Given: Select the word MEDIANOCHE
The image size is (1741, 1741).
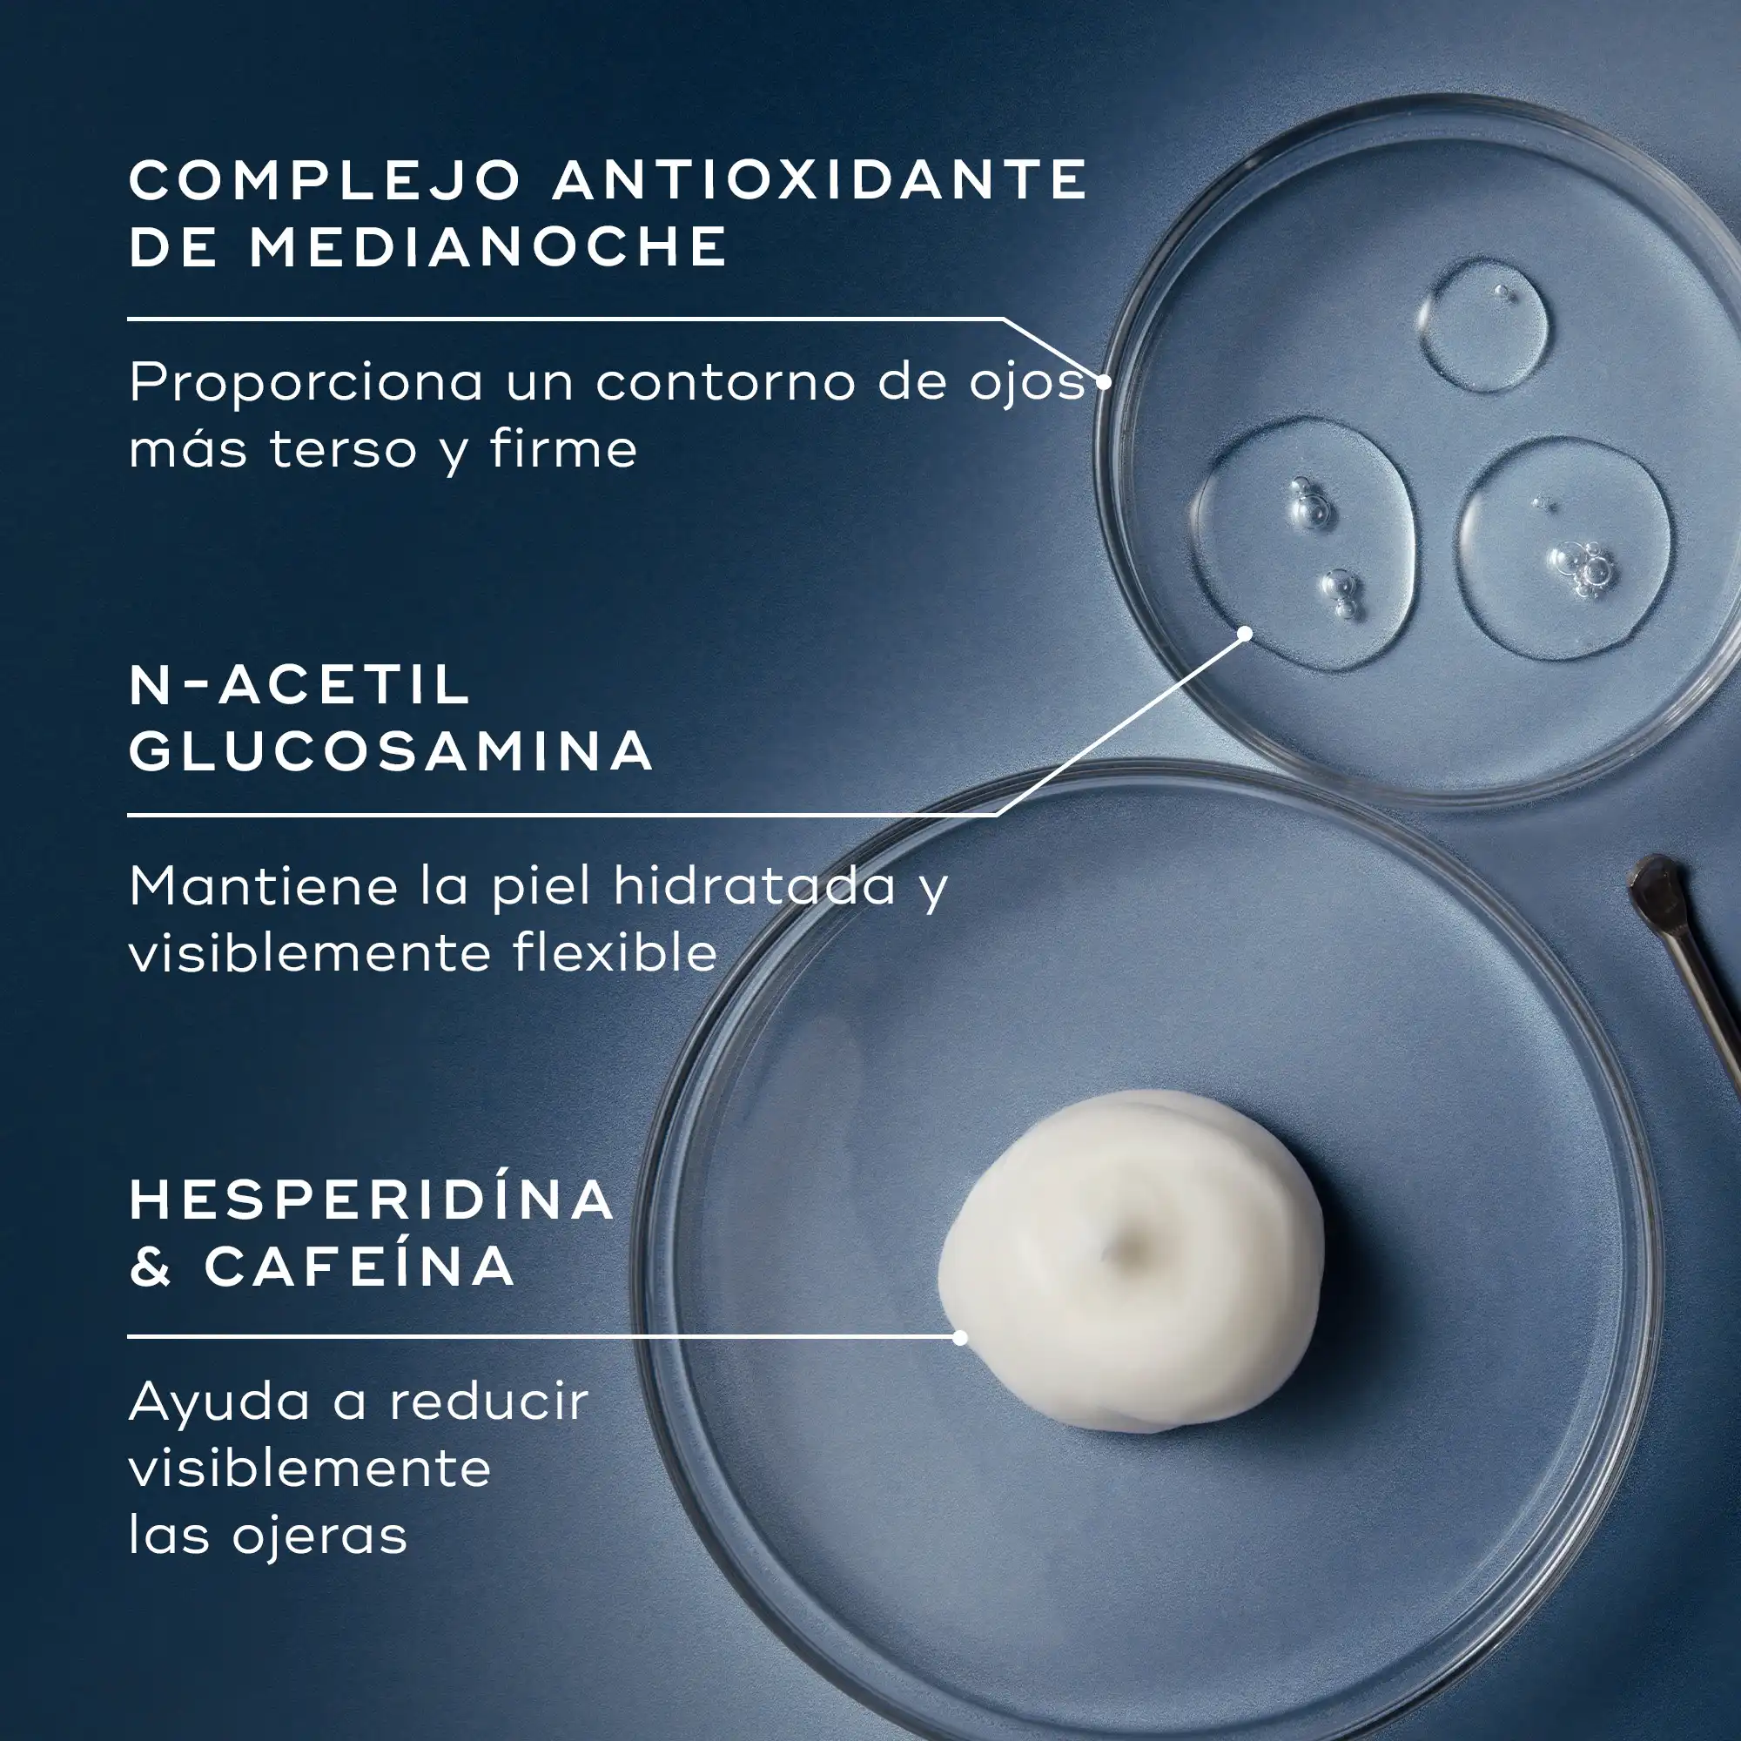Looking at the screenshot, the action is tap(487, 246).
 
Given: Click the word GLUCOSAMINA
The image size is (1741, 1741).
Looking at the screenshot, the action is tap(390, 750).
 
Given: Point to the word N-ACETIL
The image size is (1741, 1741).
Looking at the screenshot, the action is tap(300, 685).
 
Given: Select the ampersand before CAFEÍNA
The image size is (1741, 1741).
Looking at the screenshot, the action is tap(151, 1266).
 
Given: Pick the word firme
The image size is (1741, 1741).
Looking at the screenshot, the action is tap(564, 447).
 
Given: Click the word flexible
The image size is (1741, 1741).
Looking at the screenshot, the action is tap(615, 951).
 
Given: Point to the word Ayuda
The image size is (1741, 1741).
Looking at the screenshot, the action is tap(220, 1404).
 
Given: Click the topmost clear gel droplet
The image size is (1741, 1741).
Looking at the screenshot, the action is tap(1483, 324).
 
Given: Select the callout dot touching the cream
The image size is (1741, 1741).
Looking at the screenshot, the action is tap(959, 1338).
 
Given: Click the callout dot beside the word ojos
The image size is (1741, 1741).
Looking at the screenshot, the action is tap(1103, 381).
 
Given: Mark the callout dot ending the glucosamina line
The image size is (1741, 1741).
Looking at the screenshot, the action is tap(1246, 634).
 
